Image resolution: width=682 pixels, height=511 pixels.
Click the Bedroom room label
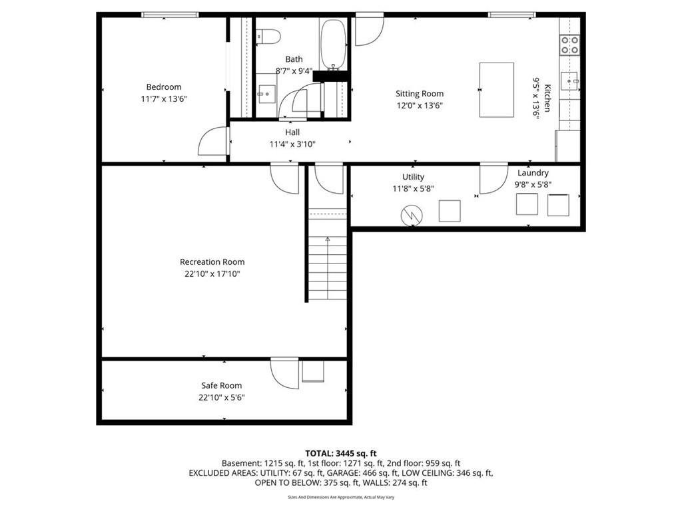164,87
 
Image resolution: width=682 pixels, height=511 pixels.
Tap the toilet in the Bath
268,37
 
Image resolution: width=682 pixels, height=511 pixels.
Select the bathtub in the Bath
333,45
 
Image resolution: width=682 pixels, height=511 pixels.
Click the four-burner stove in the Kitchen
570,45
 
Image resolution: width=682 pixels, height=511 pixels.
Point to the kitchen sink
569,81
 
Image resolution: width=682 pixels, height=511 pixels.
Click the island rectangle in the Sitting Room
497,90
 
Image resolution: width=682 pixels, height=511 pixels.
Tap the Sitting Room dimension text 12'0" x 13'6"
420,105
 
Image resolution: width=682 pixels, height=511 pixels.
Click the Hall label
292,132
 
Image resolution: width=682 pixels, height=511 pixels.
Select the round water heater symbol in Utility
412,216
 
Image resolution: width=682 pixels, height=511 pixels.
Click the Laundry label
533,172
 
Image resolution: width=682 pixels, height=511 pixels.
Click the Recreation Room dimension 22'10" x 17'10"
212,273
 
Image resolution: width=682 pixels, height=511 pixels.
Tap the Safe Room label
221,385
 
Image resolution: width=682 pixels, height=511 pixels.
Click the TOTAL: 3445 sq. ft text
341,454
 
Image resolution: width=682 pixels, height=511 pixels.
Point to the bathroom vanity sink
266,94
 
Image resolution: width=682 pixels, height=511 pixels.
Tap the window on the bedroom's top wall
170,15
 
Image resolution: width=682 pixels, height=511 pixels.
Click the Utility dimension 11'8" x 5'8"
413,188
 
